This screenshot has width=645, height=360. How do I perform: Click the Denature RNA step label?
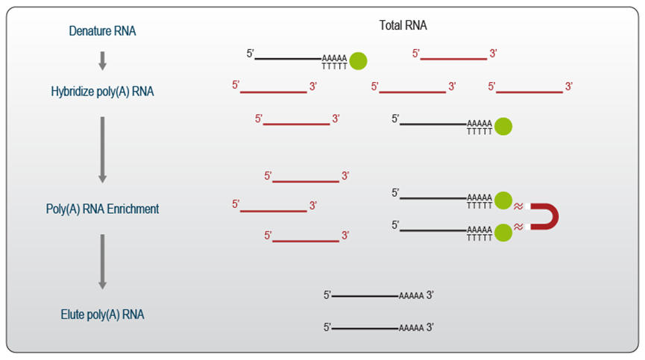click(x=102, y=31)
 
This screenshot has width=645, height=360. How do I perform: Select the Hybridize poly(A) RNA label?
click(x=102, y=91)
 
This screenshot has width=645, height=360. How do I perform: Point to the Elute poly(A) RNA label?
click(x=102, y=315)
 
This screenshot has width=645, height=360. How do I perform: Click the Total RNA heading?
click(x=403, y=25)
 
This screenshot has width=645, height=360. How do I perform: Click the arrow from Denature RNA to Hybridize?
click(x=103, y=60)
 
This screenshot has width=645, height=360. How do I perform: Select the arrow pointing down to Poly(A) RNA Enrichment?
click(x=103, y=149)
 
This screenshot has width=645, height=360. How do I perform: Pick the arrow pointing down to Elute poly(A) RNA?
click(x=103, y=261)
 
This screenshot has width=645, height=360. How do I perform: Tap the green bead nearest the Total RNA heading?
click(x=358, y=60)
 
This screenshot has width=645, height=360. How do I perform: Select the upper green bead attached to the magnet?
click(x=503, y=200)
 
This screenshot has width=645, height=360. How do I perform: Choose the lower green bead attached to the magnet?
click(x=503, y=232)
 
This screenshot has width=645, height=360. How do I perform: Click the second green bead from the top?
click(x=503, y=126)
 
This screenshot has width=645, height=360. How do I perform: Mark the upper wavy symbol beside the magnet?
click(x=518, y=206)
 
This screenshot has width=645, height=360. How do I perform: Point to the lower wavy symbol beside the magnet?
click(x=518, y=227)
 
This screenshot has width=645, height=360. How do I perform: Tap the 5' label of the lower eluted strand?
click(x=327, y=327)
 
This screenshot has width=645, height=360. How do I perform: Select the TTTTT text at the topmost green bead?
click(x=334, y=66)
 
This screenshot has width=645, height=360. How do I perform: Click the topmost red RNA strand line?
click(x=453, y=59)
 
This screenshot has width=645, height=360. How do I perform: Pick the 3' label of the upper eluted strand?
click(x=430, y=296)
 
